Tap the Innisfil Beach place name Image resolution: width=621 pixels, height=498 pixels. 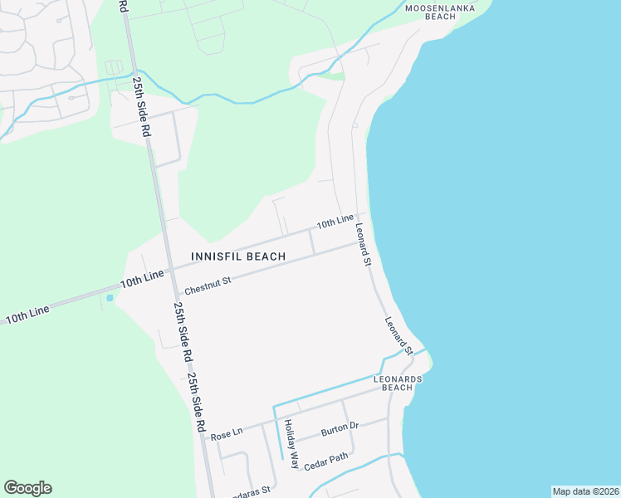(x=238, y=256)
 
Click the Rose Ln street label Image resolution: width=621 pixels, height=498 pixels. (x=226, y=434)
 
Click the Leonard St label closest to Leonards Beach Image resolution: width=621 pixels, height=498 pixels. (x=399, y=335)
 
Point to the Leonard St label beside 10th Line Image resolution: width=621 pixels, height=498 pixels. (x=362, y=242)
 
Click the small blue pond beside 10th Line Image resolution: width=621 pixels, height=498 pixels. (x=110, y=297)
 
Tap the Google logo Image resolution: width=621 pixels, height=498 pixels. (x=27, y=488)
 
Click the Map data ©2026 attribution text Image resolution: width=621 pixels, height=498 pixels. (x=585, y=491)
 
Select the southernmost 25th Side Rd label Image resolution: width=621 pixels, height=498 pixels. (x=196, y=403)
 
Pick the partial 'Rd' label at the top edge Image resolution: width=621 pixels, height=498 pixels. (x=124, y=5)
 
